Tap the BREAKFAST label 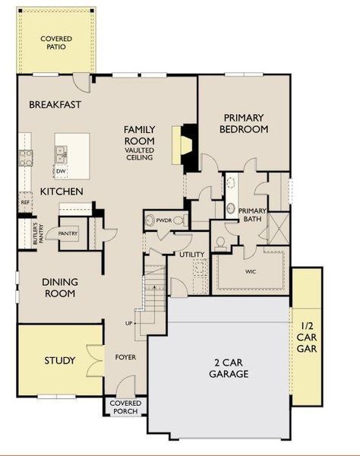55,104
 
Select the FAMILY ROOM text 140,135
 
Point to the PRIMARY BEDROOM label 244,123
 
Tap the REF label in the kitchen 24,203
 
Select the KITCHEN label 62,191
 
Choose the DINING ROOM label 59,288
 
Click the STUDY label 59,359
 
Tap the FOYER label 125,356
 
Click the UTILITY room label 191,254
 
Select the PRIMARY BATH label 251,214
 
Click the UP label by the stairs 128,323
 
